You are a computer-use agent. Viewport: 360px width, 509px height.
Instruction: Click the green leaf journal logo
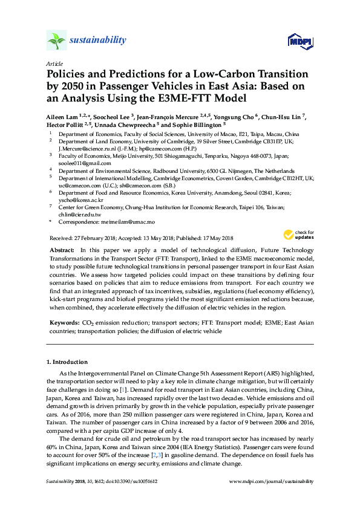pos(56,41)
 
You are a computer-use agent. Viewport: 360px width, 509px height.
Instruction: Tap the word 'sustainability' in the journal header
pos(98,41)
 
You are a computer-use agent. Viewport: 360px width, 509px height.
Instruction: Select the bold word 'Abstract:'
pos(63,250)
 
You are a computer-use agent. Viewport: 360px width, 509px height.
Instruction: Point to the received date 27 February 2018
pos(92,237)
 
